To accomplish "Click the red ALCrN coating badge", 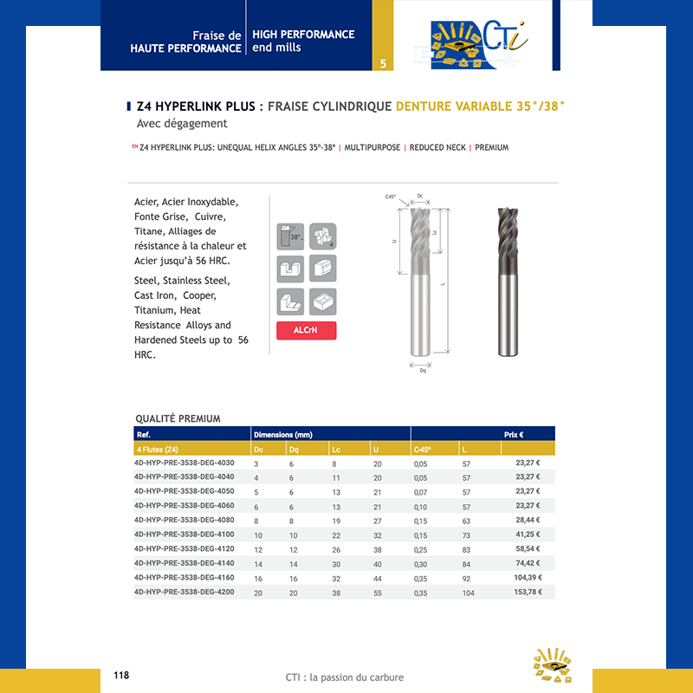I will click(306, 330).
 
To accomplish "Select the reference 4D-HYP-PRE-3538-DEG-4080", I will click(185, 520).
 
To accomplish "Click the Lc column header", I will click(336, 450).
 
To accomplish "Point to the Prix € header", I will click(514, 434).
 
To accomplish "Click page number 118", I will click(121, 675).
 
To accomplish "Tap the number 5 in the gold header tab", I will click(383, 63).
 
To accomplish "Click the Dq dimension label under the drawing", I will click(423, 370).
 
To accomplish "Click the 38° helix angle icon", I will click(291, 236).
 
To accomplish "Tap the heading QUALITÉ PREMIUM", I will click(178, 418).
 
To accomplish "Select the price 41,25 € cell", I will click(528, 534).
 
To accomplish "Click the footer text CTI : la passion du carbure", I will click(345, 677).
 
